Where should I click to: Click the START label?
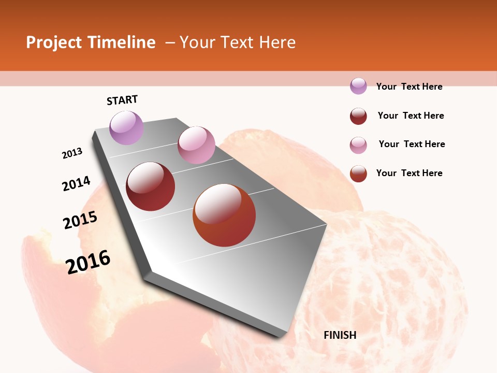click(122, 100)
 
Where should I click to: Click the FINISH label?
click(340, 335)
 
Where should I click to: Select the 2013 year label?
click(72, 153)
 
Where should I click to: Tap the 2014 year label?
click(76, 184)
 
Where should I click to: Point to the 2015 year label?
click(80, 220)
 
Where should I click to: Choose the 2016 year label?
click(88, 262)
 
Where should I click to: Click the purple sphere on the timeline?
click(126, 127)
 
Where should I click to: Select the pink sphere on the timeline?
click(196, 145)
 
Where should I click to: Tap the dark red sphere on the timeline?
click(150, 187)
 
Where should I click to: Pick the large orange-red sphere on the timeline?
click(224, 215)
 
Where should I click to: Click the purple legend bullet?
click(358, 86)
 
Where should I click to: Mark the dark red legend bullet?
click(358, 116)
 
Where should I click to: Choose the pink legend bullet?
click(358, 145)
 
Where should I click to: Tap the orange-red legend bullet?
click(358, 174)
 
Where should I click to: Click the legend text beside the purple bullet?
click(409, 87)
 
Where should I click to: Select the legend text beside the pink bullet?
click(412, 144)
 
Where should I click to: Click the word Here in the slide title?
click(276, 42)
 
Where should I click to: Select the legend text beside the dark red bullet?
click(411, 116)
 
